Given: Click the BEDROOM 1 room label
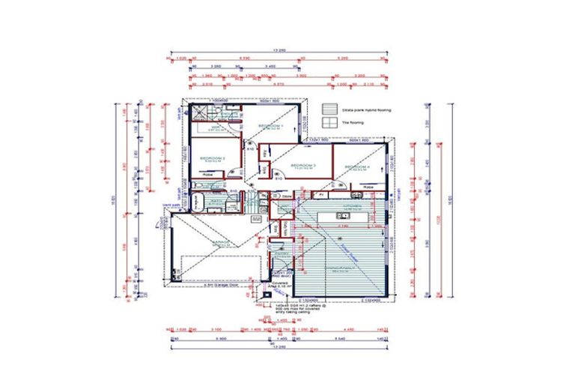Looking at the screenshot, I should (x=270, y=126).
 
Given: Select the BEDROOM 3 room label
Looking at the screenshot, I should (x=302, y=165).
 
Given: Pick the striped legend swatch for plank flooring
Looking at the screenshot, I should (x=329, y=109).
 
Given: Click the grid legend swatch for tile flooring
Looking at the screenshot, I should (x=329, y=122).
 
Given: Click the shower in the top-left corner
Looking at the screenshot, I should (x=201, y=113).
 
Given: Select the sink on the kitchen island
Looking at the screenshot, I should (x=341, y=217).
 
